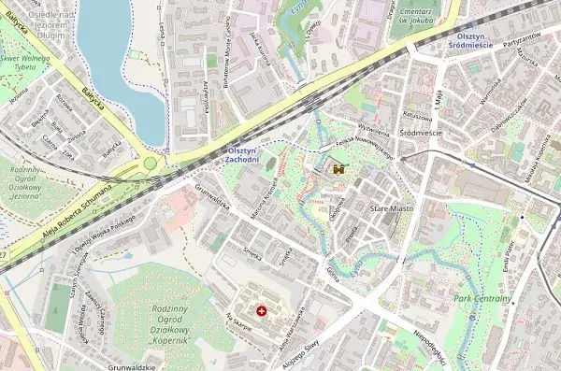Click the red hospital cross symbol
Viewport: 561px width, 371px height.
tap(261, 309)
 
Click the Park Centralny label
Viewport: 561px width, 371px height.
tap(482, 299)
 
